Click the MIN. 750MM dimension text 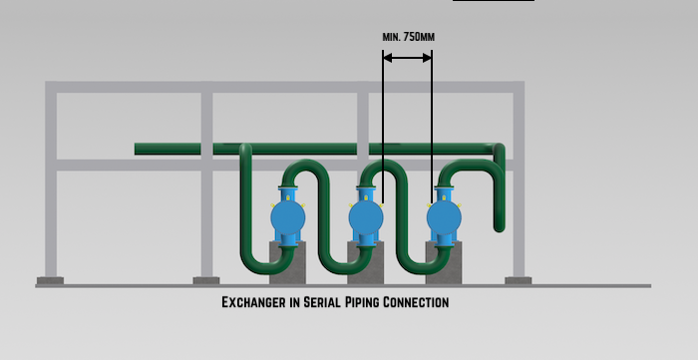(x=408, y=37)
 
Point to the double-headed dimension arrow (x=408, y=58)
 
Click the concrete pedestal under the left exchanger (x=287, y=261)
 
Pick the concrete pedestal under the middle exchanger (x=364, y=261)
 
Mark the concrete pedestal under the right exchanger (x=445, y=261)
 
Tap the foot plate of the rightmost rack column (x=518, y=280)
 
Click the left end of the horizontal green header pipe (x=140, y=149)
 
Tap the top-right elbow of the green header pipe (x=495, y=151)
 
